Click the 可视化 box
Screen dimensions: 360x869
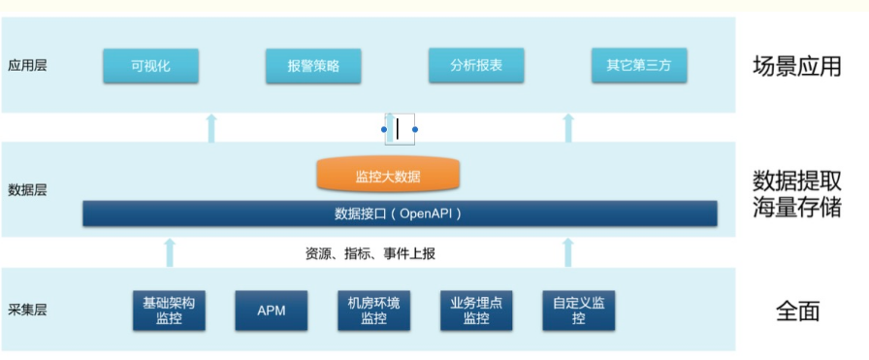click(x=150, y=67)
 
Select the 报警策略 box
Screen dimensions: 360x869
click(x=311, y=67)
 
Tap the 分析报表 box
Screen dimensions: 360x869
click(x=475, y=67)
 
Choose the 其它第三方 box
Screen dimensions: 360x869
click(x=638, y=67)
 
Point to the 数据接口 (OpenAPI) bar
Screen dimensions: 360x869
click(x=400, y=213)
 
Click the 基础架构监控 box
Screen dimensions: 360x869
click(x=169, y=311)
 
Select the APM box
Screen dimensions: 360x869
click(x=271, y=311)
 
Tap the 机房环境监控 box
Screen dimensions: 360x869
click(x=373, y=311)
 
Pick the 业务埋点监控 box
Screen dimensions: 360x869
click(x=476, y=311)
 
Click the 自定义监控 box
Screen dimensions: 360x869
click(x=579, y=311)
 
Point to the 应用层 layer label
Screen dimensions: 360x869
click(x=27, y=66)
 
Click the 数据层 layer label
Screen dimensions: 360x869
click(x=27, y=190)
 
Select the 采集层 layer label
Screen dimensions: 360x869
click(x=27, y=311)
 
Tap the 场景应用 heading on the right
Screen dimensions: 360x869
click(x=796, y=67)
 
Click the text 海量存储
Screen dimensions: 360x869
click(x=796, y=208)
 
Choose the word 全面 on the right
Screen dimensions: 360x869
click(x=797, y=311)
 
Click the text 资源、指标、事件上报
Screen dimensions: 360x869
click(x=370, y=254)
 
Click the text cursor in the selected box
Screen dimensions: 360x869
click(x=398, y=128)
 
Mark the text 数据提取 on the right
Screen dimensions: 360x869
click(x=796, y=180)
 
